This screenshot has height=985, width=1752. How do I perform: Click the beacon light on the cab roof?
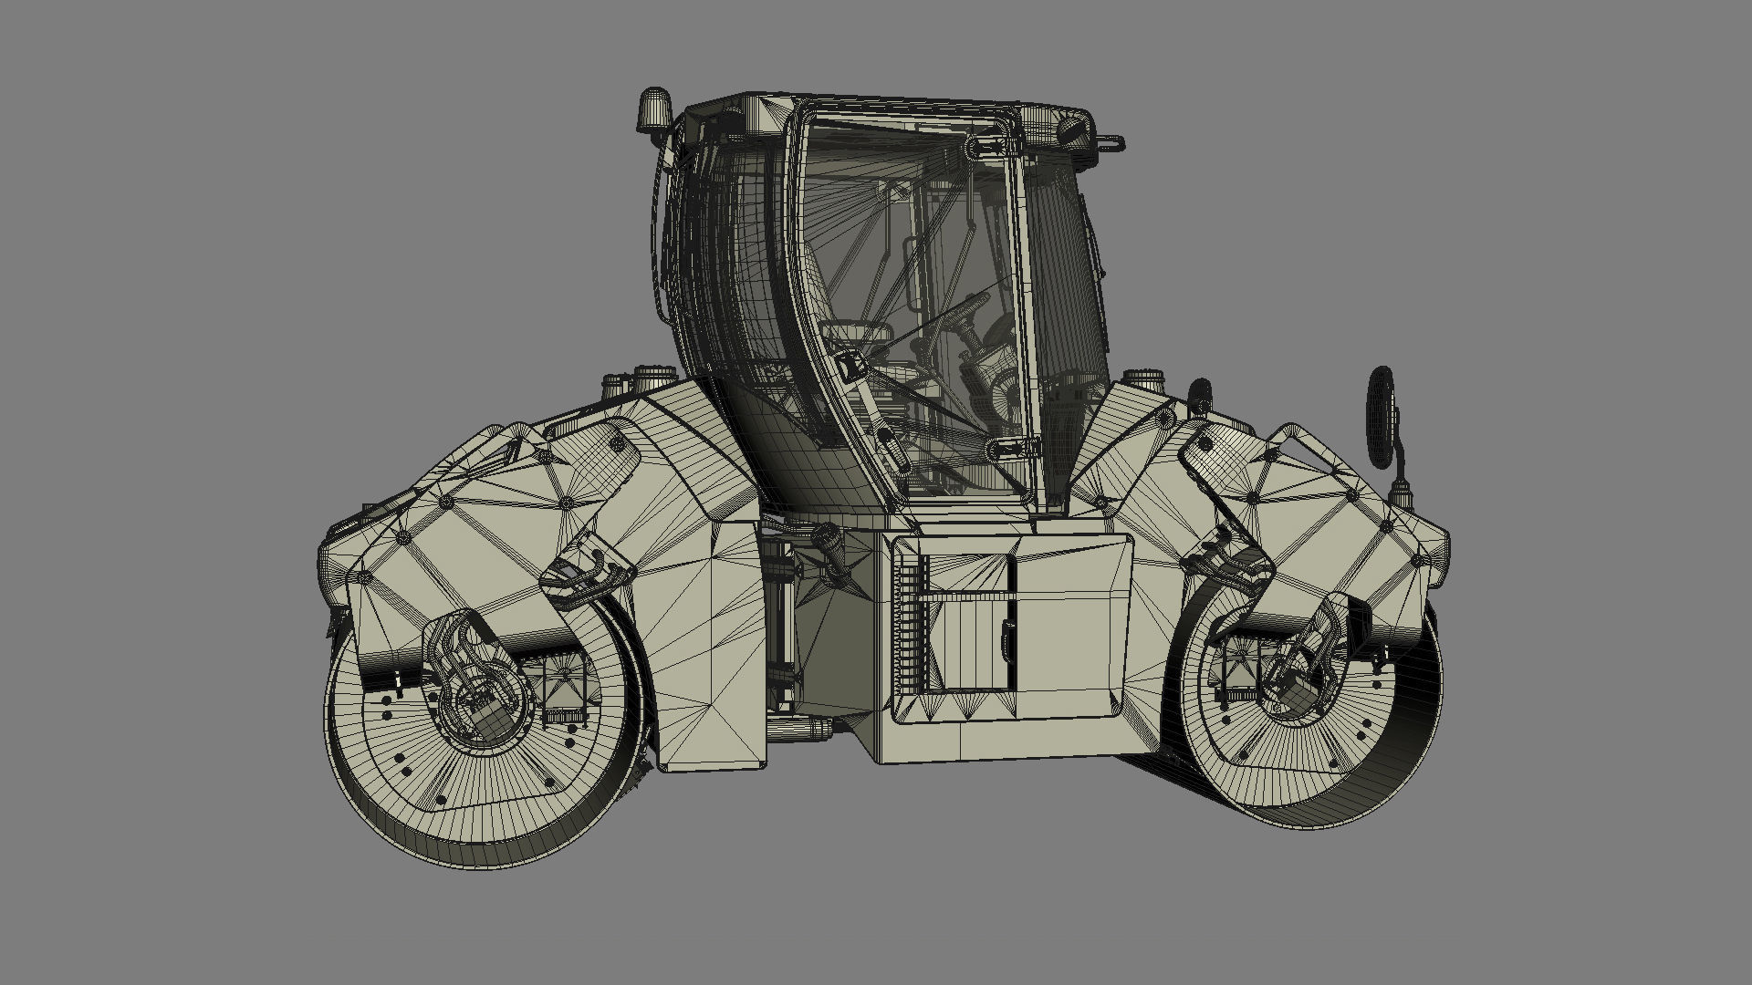coord(654,109)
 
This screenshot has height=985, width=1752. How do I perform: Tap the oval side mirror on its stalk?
coord(1382,416)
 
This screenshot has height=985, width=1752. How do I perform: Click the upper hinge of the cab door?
coord(992,145)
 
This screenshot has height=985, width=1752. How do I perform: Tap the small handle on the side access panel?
coord(1007,638)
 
